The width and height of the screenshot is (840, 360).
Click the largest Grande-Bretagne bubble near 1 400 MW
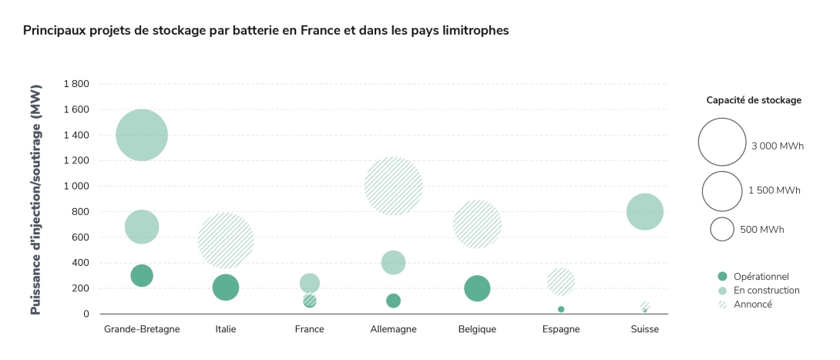[x=142, y=135]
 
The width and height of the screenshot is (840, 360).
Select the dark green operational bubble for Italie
[x=225, y=288]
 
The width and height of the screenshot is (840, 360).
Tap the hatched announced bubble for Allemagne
[x=393, y=186]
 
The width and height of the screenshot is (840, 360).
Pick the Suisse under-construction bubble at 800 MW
[x=645, y=211]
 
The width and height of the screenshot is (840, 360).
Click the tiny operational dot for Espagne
[x=561, y=309]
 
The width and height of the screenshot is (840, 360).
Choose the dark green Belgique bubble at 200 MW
[x=477, y=288]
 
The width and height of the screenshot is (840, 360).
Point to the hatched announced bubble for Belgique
[x=477, y=224]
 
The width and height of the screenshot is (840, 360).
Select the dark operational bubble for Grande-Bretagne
[x=142, y=275]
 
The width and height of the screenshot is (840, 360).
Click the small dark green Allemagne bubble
[x=393, y=301]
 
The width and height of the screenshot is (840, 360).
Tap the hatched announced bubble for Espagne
[x=561, y=281]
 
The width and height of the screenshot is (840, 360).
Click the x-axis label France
[x=309, y=329]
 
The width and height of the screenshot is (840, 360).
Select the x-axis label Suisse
[x=645, y=329]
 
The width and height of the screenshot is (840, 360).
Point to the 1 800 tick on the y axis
[x=76, y=84]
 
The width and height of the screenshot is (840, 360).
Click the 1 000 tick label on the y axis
[x=76, y=186]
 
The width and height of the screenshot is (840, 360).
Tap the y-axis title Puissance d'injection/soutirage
[x=35, y=199]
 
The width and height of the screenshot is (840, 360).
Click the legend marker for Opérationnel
[x=722, y=276]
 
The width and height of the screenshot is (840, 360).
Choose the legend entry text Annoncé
[x=752, y=304]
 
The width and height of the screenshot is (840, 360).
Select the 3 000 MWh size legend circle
[x=722, y=142]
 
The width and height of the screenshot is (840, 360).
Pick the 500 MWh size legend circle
[x=722, y=229]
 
